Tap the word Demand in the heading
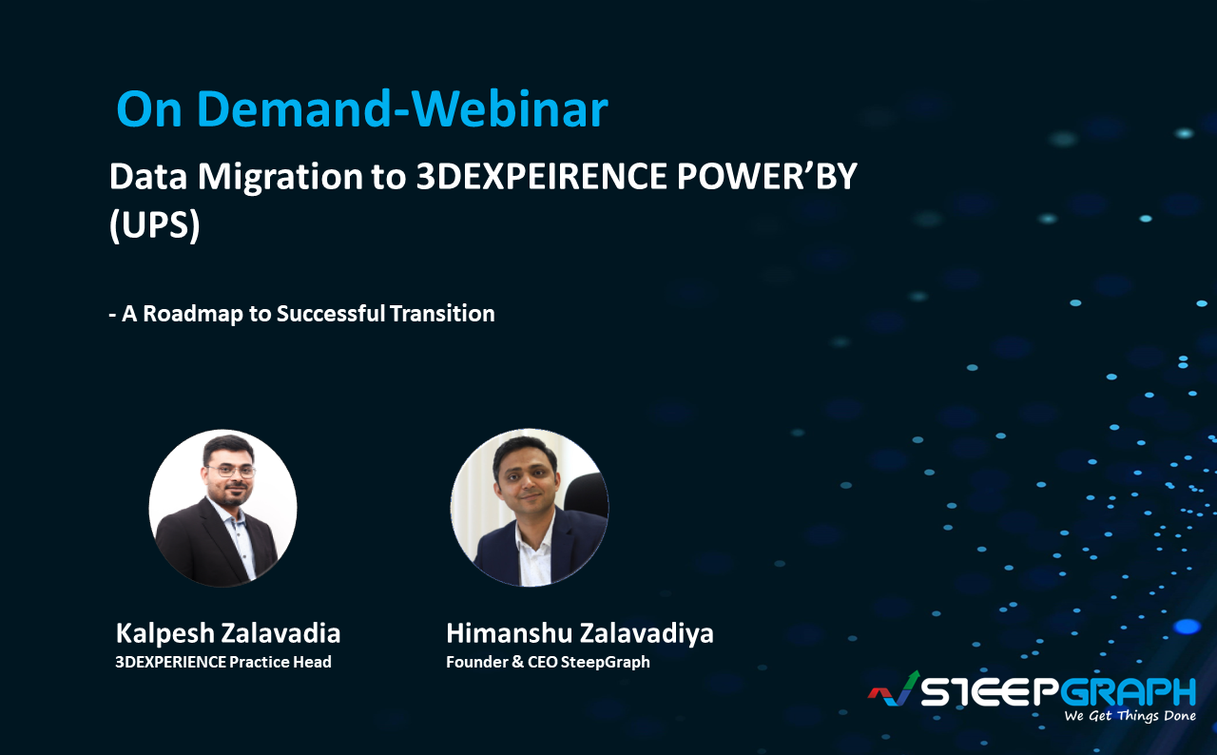(288, 110)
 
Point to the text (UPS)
(154, 228)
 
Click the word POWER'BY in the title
(776, 178)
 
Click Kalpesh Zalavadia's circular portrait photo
(222, 507)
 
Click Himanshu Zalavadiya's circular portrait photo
(529, 507)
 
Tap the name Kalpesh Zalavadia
(228, 633)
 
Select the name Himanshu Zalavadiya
(580, 633)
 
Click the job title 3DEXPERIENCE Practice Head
(223, 662)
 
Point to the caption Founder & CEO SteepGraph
(548, 662)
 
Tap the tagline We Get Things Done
(1130, 716)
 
